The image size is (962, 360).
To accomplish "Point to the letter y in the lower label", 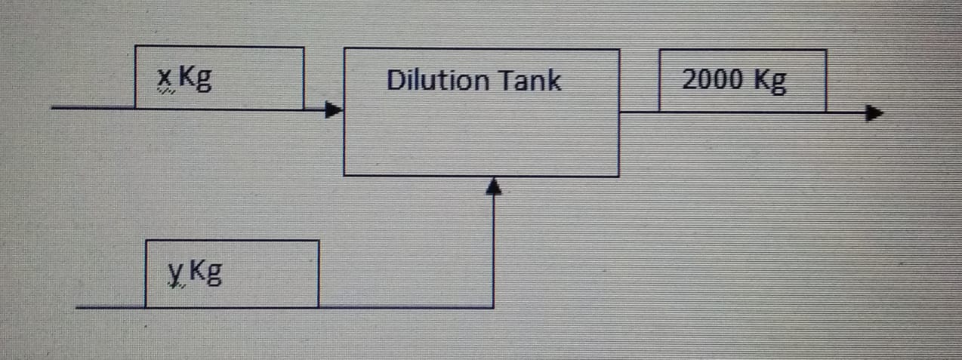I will click(x=175, y=272).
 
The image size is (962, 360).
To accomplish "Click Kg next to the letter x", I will click(x=195, y=78).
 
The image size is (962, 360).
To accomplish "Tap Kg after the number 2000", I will click(x=769, y=80).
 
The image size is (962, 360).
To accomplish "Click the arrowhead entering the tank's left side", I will click(x=333, y=111).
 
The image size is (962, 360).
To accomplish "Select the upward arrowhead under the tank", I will click(x=493, y=186).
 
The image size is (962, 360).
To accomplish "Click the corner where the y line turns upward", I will click(x=493, y=307).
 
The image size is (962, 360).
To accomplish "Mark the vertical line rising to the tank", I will click(x=493, y=249).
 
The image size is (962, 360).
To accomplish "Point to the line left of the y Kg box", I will click(x=110, y=308).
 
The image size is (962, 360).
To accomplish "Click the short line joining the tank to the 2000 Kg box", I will click(x=639, y=112).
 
